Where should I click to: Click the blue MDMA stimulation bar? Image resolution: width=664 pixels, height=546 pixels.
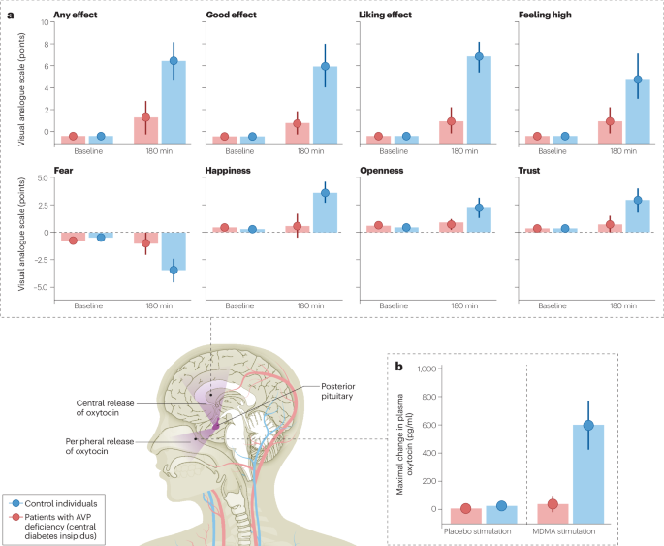[x=587, y=466]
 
